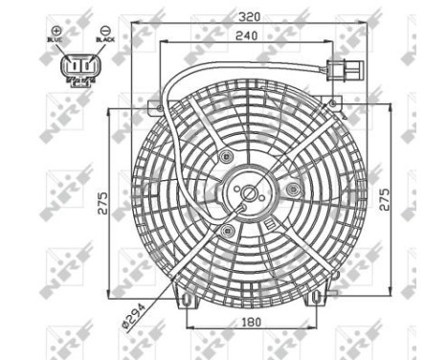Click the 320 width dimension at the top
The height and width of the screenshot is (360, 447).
(x=250, y=16)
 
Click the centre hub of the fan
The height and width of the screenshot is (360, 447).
(x=250, y=194)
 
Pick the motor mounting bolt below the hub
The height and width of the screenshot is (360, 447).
(x=226, y=232)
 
